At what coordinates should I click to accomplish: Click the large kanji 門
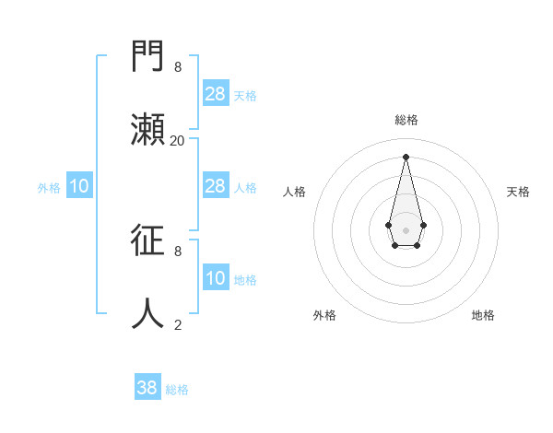tap(149, 56)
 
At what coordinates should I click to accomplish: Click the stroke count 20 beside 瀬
tap(178, 141)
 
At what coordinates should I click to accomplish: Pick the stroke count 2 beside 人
tap(178, 324)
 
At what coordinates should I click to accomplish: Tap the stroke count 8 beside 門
tap(178, 67)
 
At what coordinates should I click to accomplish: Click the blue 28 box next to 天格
tap(216, 94)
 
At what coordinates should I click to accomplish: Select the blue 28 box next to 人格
tap(216, 186)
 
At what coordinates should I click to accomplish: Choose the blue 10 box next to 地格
tap(216, 278)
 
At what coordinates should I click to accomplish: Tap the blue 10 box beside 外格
tap(79, 186)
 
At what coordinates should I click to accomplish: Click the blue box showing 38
tap(147, 388)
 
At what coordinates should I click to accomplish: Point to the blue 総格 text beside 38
tap(177, 390)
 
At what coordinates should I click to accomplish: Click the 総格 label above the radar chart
tap(406, 121)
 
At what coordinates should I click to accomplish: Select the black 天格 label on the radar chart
tap(518, 192)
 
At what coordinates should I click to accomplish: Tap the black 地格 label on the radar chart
tap(483, 315)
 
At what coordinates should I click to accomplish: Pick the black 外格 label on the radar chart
tap(324, 315)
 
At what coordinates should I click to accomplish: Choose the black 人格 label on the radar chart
tap(295, 192)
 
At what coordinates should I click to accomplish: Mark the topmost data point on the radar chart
tap(406, 156)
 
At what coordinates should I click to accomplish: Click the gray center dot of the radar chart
tap(406, 228)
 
